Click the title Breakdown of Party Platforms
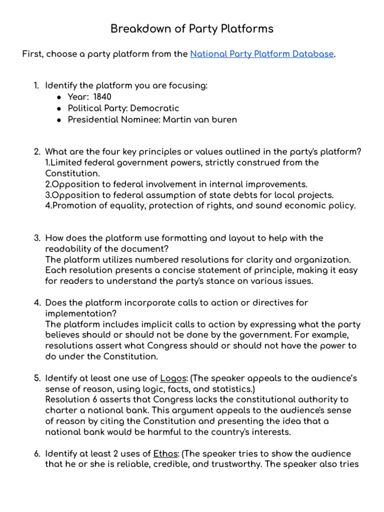(192, 29)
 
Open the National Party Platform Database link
(261, 54)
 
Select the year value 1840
(102, 97)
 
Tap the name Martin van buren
(197, 119)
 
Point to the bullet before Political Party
(59, 108)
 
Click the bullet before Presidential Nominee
(59, 120)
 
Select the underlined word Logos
(172, 377)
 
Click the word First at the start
(32, 54)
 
